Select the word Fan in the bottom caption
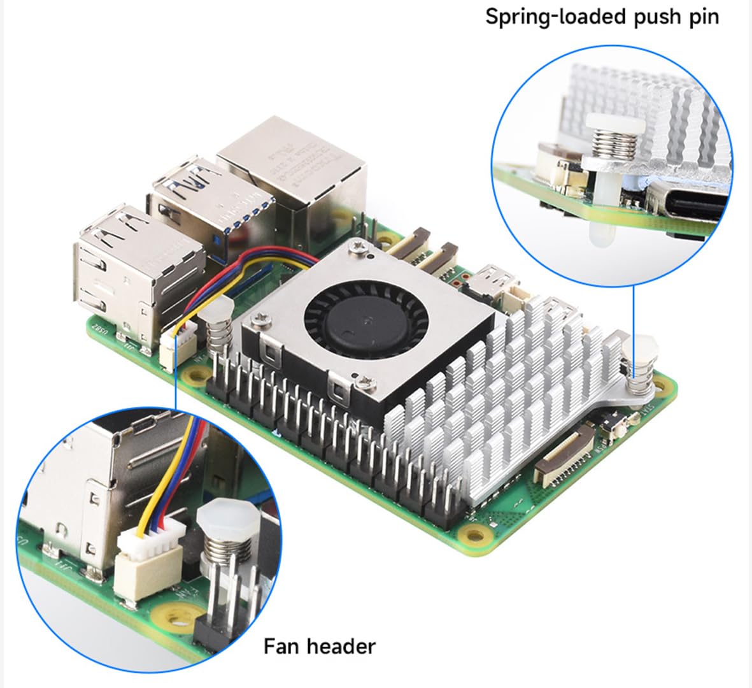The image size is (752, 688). (x=283, y=646)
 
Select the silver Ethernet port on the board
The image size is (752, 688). (x=293, y=169)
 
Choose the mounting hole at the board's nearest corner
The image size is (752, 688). (x=473, y=529)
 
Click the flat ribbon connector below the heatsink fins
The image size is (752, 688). (x=564, y=455)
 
